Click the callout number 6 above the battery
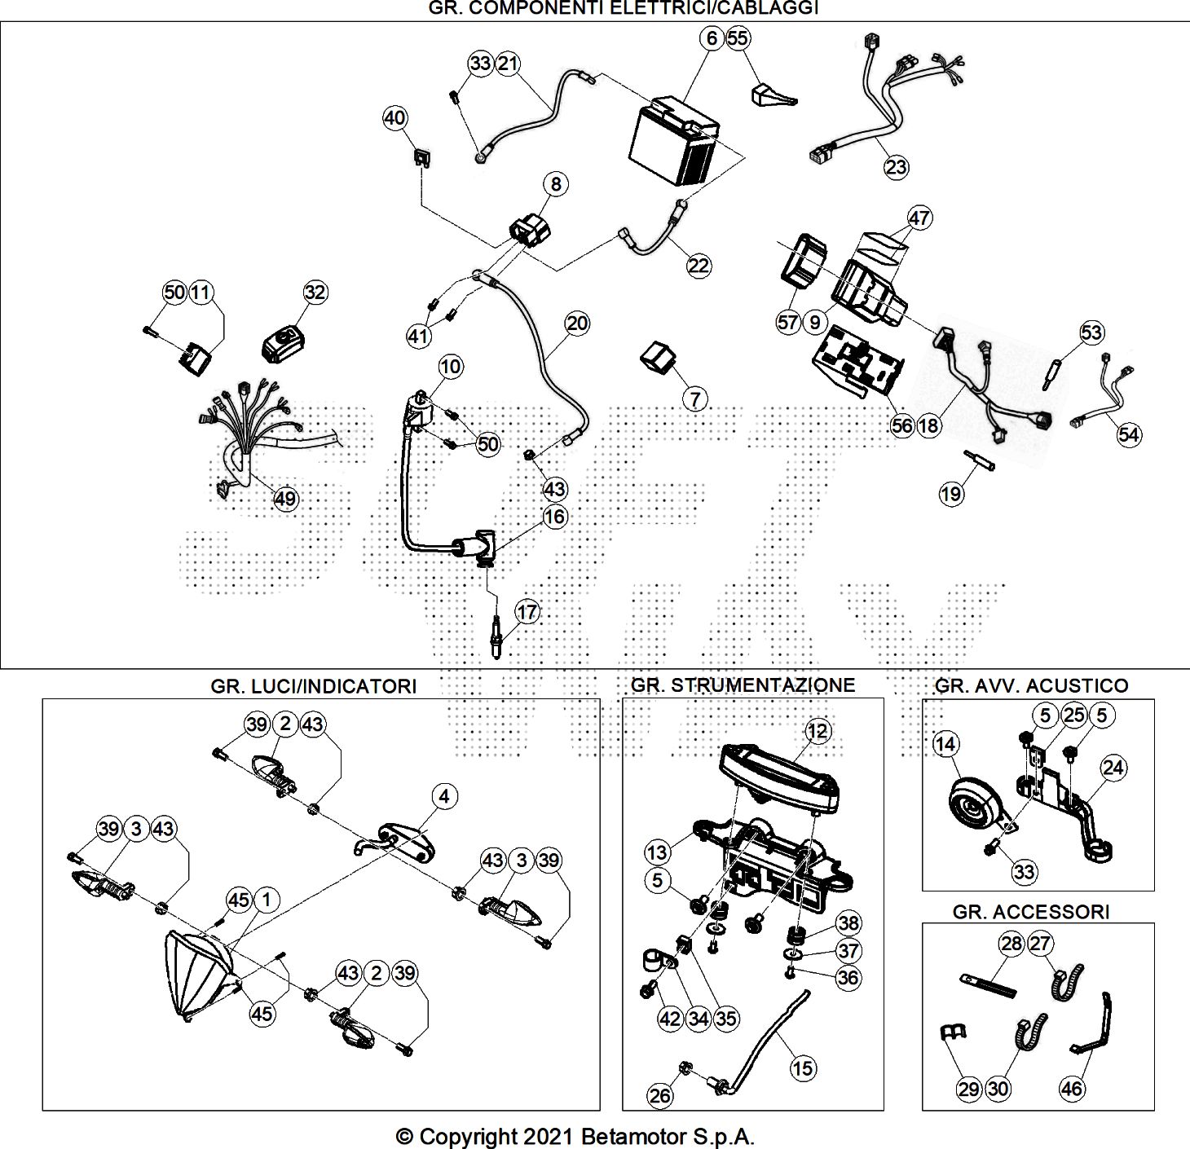point(712,37)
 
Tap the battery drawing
point(674,140)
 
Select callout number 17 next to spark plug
point(527,611)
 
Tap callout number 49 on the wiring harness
point(285,499)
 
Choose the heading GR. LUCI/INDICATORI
point(314,686)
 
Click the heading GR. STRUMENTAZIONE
point(743,685)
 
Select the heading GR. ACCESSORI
point(1031,911)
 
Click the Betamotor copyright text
point(575,1136)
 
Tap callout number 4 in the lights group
point(443,796)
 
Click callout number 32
point(315,292)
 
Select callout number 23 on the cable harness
point(896,167)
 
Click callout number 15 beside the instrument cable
point(803,1068)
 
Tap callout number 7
point(694,398)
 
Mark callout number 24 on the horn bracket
point(1113,767)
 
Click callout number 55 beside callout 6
point(738,37)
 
